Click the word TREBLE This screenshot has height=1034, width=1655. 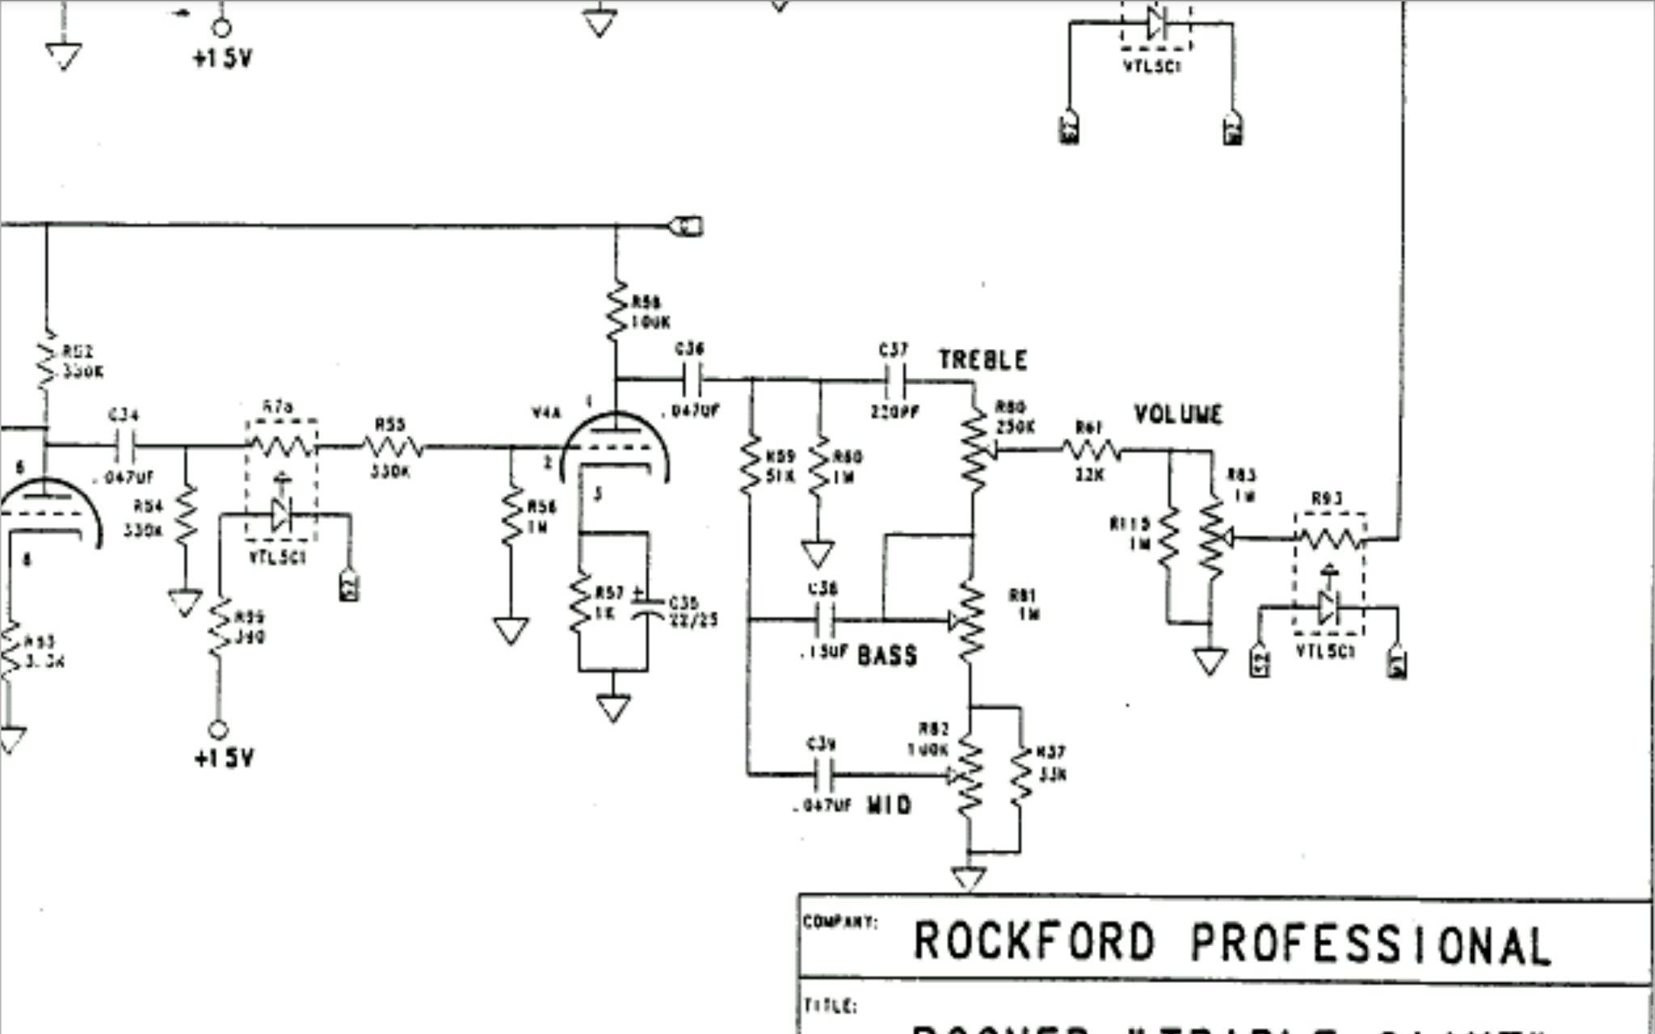(x=983, y=360)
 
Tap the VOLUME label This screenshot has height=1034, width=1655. (x=1178, y=415)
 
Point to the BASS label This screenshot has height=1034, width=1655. (x=887, y=656)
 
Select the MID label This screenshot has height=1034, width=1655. (x=889, y=805)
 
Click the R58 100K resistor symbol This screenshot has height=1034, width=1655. (x=617, y=310)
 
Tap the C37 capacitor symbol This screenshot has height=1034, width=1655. (x=895, y=378)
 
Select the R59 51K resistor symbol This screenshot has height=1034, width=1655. (x=750, y=465)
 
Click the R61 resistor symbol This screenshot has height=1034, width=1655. (x=1091, y=450)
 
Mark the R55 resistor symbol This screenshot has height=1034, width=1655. (x=392, y=446)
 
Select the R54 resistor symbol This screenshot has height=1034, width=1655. (x=186, y=515)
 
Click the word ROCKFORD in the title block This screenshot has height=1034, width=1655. (x=1034, y=942)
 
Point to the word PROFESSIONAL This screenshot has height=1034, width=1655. (x=1371, y=944)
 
